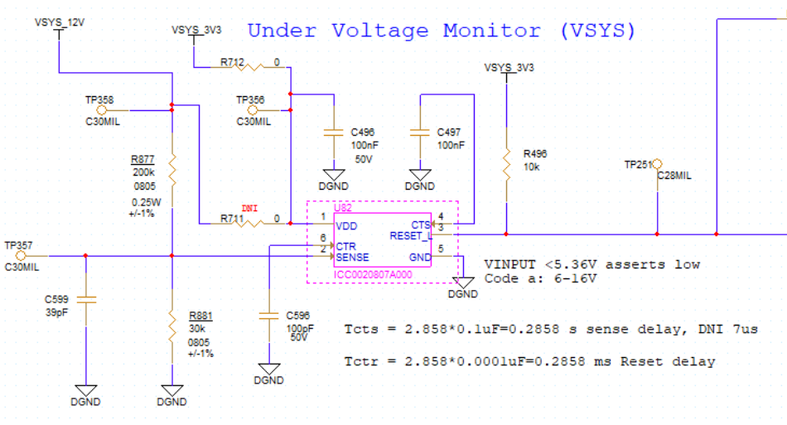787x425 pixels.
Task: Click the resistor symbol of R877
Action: click(x=172, y=171)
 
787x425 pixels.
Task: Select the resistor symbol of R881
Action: click(x=172, y=326)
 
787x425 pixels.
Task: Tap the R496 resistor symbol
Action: click(x=506, y=164)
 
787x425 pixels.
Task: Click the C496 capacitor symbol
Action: click(x=334, y=133)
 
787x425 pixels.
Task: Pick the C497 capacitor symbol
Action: click(x=420, y=133)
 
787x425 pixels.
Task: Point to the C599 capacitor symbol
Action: click(x=86, y=300)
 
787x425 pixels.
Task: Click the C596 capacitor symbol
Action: click(x=269, y=316)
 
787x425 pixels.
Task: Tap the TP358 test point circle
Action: click(x=102, y=110)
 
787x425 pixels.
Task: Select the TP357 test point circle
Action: click(x=21, y=256)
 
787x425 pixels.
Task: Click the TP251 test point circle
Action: click(x=657, y=164)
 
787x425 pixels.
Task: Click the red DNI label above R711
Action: click(x=249, y=208)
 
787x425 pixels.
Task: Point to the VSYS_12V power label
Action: click(x=60, y=22)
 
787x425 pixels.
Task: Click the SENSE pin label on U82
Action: click(x=352, y=258)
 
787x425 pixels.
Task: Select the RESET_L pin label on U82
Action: click(x=411, y=236)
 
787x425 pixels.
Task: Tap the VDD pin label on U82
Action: click(x=346, y=226)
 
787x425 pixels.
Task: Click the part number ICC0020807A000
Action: click(x=373, y=274)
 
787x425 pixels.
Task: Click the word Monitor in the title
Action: click(x=492, y=31)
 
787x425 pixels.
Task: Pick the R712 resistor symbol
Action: click(x=249, y=67)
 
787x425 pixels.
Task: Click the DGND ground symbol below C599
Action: click(x=86, y=390)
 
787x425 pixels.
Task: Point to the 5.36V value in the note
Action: click(x=576, y=264)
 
